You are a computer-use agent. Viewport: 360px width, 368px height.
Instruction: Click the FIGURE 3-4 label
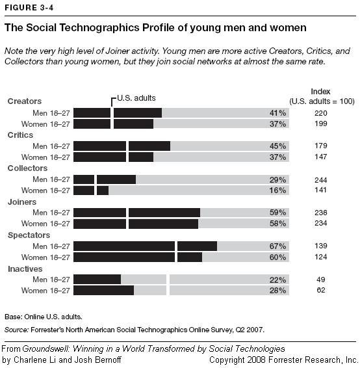[x=25, y=7]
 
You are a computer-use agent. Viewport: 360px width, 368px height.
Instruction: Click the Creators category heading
[x=24, y=101]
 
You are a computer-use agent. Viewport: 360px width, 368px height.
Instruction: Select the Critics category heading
[x=20, y=135]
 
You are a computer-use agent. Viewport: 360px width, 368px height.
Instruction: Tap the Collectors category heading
[x=27, y=168]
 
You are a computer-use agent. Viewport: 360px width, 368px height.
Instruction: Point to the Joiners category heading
[x=22, y=202]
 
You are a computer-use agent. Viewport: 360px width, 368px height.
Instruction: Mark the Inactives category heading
[x=25, y=269]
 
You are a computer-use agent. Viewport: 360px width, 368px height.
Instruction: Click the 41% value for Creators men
[x=277, y=112]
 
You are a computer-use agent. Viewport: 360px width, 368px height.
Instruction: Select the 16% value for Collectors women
[x=277, y=191]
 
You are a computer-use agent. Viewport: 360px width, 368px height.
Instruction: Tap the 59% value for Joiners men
[x=277, y=213]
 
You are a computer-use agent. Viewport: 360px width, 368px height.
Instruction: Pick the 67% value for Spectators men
[x=277, y=246]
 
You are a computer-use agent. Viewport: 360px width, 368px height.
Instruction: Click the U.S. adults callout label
[x=137, y=98]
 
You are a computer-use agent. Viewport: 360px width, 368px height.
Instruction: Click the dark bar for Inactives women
[x=103, y=291]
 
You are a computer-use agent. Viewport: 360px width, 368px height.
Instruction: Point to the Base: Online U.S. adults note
[x=40, y=317]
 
